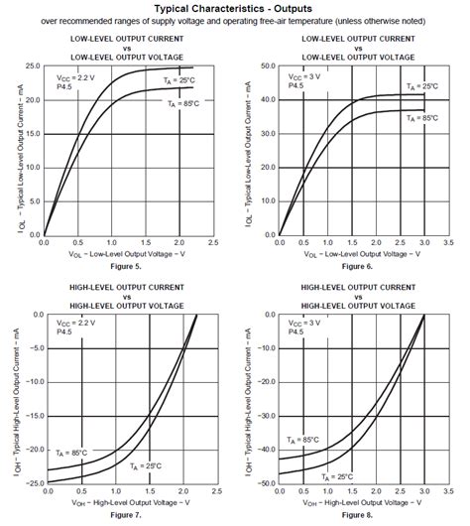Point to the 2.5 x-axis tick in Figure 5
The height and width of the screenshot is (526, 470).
212,243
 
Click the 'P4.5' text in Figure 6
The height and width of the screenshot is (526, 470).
295,86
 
